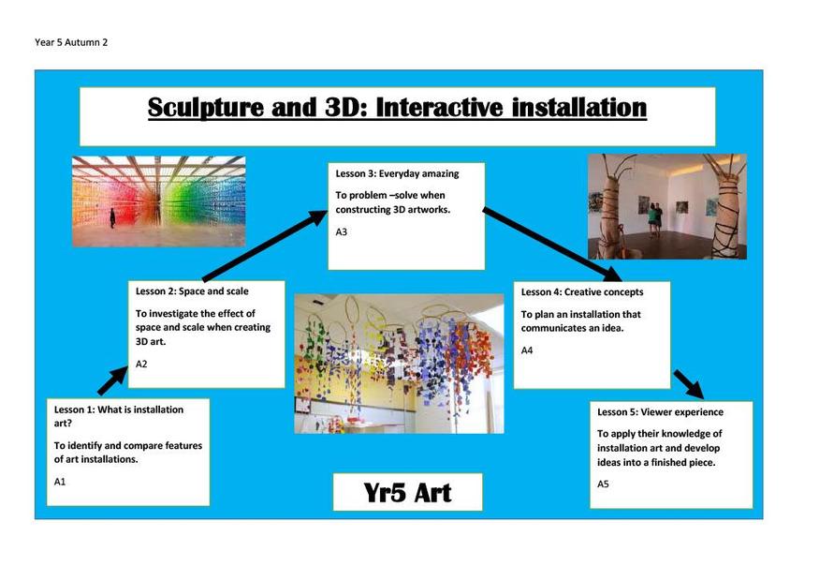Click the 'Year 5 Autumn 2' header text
71,42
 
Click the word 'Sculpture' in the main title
206,108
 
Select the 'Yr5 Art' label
407,493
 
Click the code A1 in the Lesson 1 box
60,482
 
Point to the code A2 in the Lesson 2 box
141,364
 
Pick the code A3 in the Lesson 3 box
341,232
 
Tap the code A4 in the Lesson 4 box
527,350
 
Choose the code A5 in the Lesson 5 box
604,484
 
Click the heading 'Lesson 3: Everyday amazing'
397,173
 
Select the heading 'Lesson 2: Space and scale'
192,291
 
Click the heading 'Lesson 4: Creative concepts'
582,292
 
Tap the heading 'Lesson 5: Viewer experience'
660,412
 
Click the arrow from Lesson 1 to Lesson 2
113,380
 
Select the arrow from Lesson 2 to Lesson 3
265,246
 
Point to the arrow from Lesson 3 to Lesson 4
552,245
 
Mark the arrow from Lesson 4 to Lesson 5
688,384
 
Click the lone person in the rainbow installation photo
112,217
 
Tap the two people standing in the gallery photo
654,219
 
